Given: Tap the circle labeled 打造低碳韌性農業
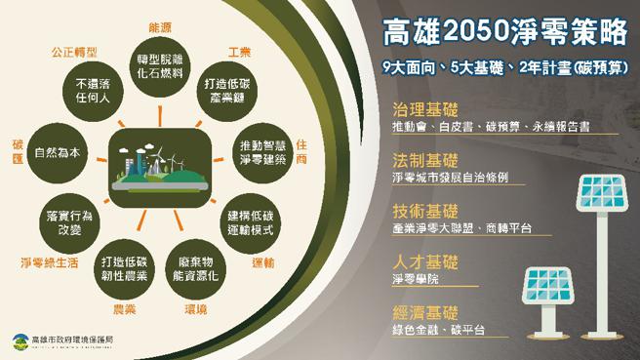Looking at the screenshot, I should (124, 266).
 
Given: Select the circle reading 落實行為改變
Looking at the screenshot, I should (68, 220).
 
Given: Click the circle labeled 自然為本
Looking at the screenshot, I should (55, 153).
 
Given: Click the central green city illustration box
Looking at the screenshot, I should (158, 163).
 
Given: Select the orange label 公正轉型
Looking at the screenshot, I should (71, 49).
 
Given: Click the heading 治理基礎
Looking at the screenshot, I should (419, 108).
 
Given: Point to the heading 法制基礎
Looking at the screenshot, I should (419, 160).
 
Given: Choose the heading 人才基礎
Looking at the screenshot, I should (419, 262).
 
